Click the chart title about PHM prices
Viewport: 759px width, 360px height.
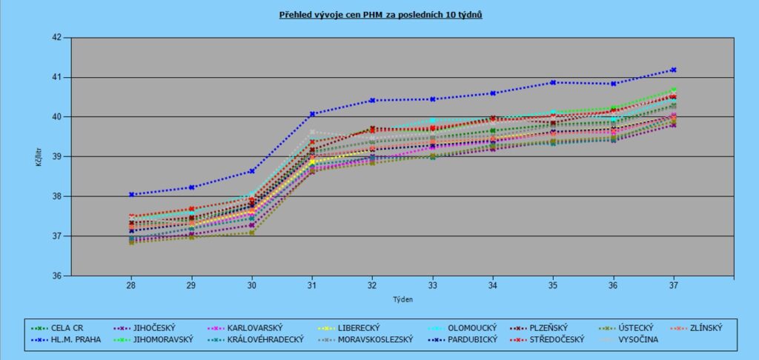click(x=380, y=14)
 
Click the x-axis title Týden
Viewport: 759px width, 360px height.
click(x=402, y=300)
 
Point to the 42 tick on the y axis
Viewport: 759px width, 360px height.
click(x=58, y=37)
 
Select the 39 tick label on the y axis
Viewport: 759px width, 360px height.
click(x=58, y=157)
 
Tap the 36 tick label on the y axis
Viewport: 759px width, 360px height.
click(x=58, y=276)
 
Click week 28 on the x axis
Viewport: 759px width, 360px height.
click(x=130, y=285)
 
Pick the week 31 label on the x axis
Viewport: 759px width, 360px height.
click(x=312, y=285)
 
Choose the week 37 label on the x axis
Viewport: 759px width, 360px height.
click(x=674, y=285)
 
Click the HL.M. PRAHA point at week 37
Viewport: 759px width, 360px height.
click(x=674, y=70)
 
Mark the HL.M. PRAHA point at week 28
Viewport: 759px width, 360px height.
click(x=131, y=195)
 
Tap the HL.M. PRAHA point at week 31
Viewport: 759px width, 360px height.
click(x=312, y=114)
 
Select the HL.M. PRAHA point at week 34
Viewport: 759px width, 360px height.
click(x=493, y=93)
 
